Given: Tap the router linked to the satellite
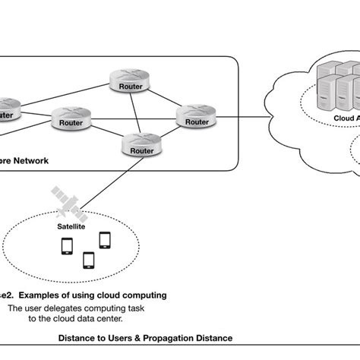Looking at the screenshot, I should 141,145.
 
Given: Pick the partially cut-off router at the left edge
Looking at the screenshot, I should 6,110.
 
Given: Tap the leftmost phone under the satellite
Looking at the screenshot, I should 66,246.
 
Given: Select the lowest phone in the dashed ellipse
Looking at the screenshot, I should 88,260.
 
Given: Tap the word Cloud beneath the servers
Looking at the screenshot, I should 343,118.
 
